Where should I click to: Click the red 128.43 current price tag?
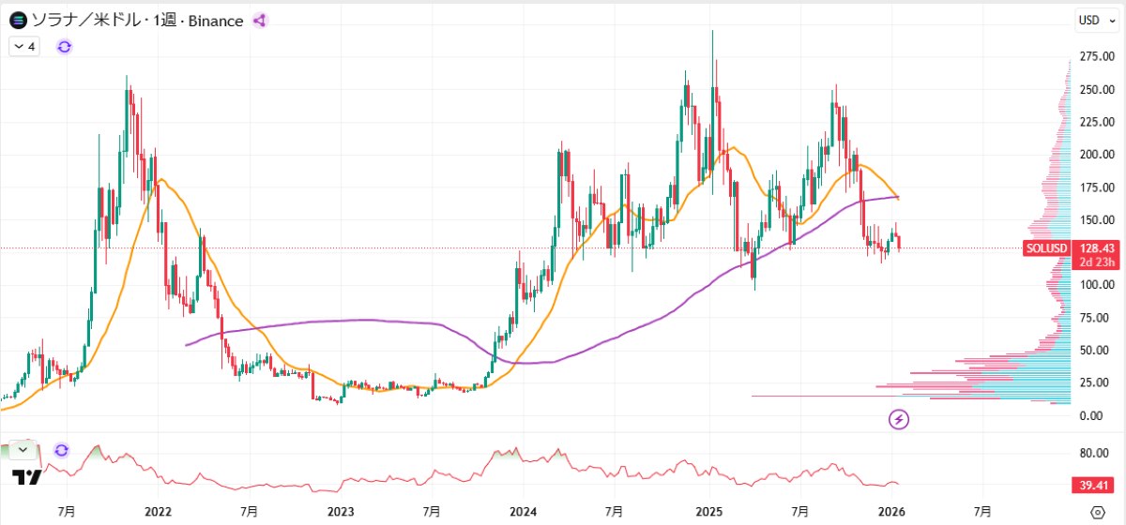[x=1096, y=248]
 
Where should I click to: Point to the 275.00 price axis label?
[x=1096, y=58]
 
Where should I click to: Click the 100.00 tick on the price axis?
[x=1096, y=285]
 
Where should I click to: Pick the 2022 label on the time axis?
[x=159, y=512]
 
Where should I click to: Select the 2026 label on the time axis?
[x=890, y=512]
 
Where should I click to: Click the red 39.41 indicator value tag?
[x=1093, y=485]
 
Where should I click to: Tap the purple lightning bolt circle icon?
[x=899, y=419]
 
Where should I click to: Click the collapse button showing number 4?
[x=24, y=46]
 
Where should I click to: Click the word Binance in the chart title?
[x=215, y=21]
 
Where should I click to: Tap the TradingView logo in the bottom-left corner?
[x=28, y=477]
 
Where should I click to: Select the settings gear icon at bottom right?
[x=1098, y=512]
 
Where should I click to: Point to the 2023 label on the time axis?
[x=341, y=512]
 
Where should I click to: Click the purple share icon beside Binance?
[x=260, y=21]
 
